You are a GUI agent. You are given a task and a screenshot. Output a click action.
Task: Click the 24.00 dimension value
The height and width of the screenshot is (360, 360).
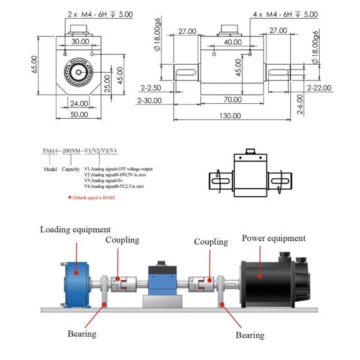(x=79, y=103)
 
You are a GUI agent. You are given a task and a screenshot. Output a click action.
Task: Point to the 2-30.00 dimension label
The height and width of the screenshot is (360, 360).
(x=149, y=100)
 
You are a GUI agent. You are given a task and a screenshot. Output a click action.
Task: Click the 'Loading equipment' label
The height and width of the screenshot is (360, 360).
(x=76, y=229)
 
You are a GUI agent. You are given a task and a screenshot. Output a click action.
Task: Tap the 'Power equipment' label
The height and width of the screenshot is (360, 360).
(x=274, y=238)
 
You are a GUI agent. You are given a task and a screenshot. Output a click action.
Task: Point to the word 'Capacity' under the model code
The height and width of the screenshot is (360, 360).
(x=71, y=169)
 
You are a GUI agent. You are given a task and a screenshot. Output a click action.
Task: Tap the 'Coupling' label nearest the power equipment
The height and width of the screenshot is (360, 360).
(x=211, y=242)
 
